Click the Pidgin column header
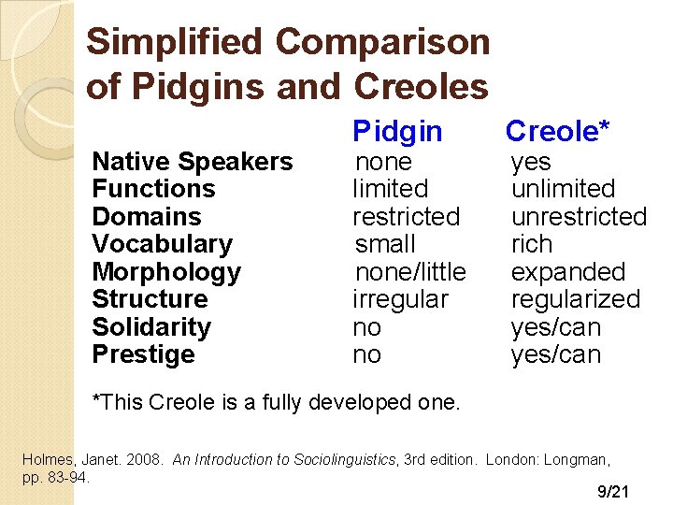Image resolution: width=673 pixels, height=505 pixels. [397, 132]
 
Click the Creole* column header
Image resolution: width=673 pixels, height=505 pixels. [557, 132]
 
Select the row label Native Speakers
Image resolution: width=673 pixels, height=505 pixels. [192, 162]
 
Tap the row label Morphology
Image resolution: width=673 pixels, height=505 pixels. [166, 272]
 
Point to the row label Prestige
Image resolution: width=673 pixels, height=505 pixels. [143, 354]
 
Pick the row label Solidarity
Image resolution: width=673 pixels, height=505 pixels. [151, 327]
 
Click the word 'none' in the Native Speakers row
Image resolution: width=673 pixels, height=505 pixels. [383, 162]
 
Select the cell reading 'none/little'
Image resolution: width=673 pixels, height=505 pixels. [409, 272]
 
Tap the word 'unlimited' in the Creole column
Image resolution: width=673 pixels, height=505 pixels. [563, 189]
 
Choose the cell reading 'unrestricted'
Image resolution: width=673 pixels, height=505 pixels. [579, 217]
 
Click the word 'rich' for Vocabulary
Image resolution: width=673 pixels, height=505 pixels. [531, 244]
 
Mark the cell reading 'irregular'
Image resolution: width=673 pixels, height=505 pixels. [400, 299]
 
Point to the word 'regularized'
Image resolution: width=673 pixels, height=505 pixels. [575, 299]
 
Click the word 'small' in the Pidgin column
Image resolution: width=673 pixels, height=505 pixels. [385, 244]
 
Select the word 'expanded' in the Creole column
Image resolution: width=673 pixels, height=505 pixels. [567, 272]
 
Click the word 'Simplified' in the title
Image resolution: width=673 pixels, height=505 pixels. [176, 42]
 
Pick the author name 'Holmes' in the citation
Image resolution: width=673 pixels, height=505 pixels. [45, 459]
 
